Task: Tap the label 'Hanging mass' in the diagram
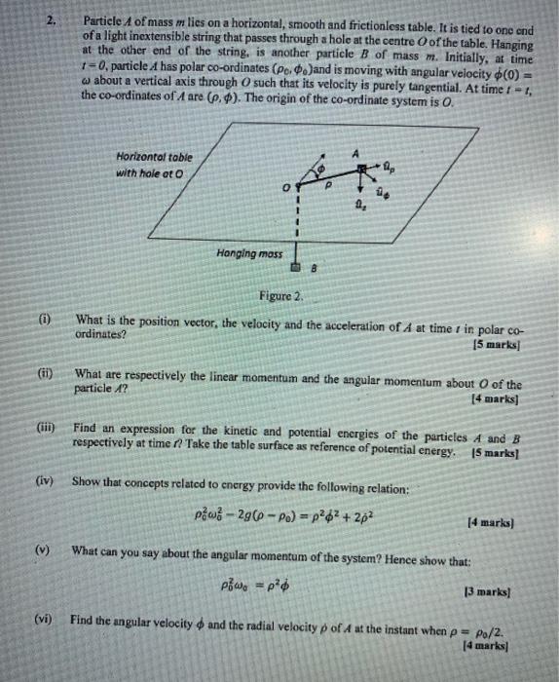point(248,252)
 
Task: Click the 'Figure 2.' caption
point(282,295)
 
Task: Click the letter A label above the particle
point(356,152)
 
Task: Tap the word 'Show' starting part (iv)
point(87,480)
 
